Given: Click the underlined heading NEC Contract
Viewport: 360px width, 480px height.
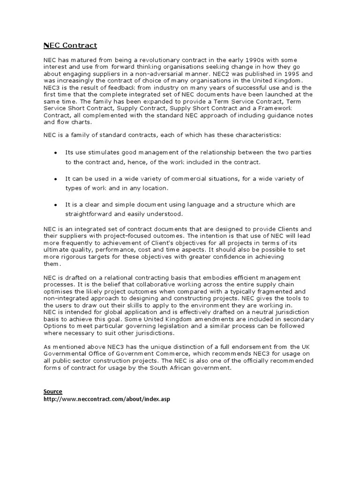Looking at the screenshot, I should click(70, 45).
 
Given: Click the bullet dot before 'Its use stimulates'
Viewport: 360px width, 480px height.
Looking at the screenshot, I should click(56, 153).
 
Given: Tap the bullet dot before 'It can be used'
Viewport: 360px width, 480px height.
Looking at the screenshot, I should click(56, 179).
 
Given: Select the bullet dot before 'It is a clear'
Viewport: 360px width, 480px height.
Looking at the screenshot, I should click(56, 205).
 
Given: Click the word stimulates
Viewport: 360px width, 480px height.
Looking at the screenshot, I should click(98, 153).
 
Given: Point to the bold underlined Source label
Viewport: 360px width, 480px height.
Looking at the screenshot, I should click(53, 391).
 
